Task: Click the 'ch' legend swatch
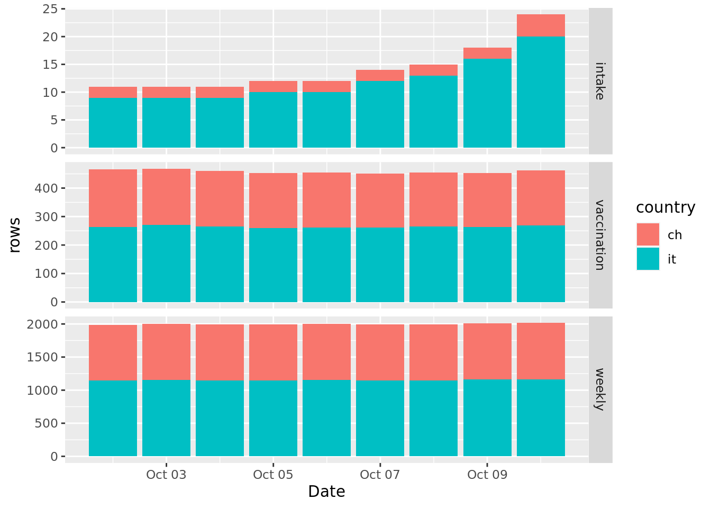pyautogui.click(x=648, y=234)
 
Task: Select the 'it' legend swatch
pyautogui.click(x=648, y=259)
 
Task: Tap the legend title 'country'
pyautogui.click(x=666, y=207)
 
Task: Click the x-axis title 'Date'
pyautogui.click(x=326, y=492)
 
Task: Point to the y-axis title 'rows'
pyautogui.click(x=15, y=235)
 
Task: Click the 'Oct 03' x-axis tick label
pyautogui.click(x=166, y=475)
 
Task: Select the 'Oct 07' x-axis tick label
pyautogui.click(x=380, y=475)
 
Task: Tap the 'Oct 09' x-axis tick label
pyautogui.click(x=487, y=475)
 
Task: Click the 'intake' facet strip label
pyautogui.click(x=600, y=81)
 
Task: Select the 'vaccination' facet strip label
pyautogui.click(x=600, y=235)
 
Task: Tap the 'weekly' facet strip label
pyautogui.click(x=600, y=389)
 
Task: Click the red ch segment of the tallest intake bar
pyautogui.click(x=541, y=25)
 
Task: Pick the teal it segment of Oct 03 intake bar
pyautogui.click(x=166, y=123)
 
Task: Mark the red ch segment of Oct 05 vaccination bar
pyautogui.click(x=273, y=201)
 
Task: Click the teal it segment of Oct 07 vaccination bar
pyautogui.click(x=380, y=265)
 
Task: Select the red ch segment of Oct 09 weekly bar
pyautogui.click(x=487, y=351)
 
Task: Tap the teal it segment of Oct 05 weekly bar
pyautogui.click(x=273, y=418)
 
